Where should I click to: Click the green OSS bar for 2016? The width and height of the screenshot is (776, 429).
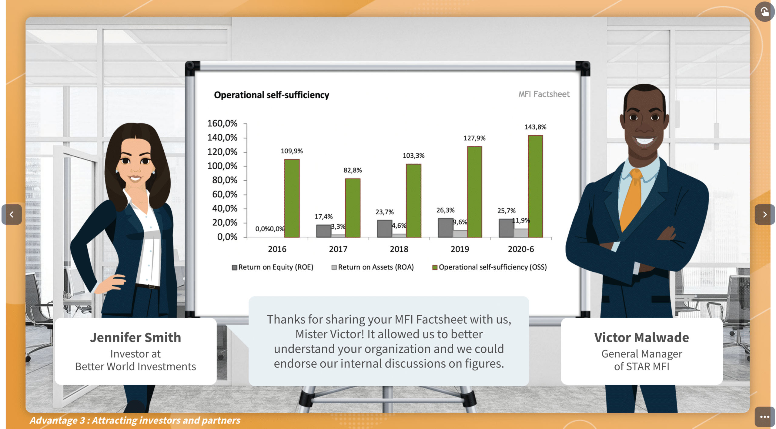[x=292, y=198]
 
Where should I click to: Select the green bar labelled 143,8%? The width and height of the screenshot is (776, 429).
[x=535, y=186]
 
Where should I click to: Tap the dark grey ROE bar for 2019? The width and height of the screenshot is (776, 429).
[x=445, y=228]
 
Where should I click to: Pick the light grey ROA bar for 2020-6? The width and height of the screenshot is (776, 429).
[x=521, y=233]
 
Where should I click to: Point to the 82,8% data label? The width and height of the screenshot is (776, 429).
[x=353, y=170]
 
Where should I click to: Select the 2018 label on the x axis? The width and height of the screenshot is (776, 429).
[x=399, y=249]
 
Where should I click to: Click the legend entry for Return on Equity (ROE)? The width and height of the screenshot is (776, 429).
[x=273, y=267]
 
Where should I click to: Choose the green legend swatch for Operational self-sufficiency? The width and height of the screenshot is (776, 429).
[x=435, y=267]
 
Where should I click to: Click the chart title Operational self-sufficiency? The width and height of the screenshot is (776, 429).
[x=271, y=95]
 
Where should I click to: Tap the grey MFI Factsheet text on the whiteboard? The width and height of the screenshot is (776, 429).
[x=544, y=94]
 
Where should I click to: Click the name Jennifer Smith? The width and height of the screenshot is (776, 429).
[x=135, y=337]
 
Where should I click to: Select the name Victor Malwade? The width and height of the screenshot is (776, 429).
[x=641, y=337]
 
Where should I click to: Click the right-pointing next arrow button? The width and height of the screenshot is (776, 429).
[x=764, y=214]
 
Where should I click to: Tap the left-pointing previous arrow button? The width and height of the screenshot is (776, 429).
[x=12, y=214]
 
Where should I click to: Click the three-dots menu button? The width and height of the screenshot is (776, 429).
[x=764, y=417]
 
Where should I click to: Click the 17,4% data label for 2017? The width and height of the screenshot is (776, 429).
[x=323, y=216]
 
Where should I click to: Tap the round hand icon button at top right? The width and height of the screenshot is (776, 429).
[x=764, y=12]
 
